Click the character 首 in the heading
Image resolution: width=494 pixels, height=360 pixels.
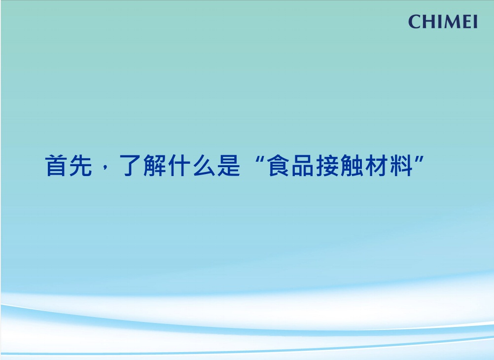point(56,165)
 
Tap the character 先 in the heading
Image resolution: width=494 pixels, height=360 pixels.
point(81,165)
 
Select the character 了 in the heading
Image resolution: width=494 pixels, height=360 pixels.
point(130,165)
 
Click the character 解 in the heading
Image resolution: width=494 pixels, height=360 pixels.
point(155,165)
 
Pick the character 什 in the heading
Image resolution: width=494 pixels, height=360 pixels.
point(179,165)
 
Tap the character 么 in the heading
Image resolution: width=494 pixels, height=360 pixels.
point(204,165)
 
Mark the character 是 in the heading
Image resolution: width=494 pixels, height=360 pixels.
point(229,165)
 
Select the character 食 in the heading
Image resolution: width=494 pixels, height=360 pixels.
point(278,165)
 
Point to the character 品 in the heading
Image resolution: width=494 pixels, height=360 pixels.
point(302,165)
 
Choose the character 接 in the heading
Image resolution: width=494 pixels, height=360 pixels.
point(327,165)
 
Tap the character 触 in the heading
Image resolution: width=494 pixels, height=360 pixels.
point(352,165)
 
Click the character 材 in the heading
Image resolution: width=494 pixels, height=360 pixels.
point(377,165)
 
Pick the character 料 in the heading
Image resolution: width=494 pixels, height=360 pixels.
point(401,165)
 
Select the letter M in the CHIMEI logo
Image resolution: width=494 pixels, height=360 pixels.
point(453,22)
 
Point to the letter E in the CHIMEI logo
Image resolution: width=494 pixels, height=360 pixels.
point(467,22)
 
